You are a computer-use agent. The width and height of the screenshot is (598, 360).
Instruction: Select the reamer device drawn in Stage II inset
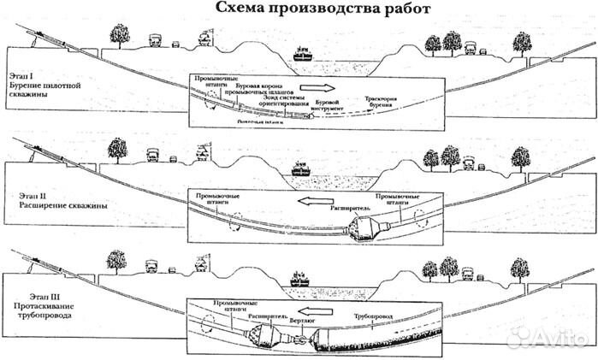click(370, 227)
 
